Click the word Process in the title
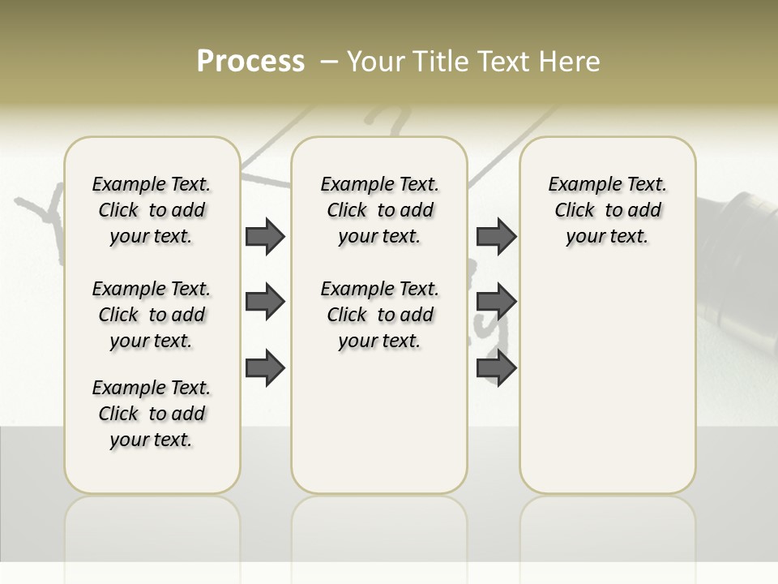coord(250,62)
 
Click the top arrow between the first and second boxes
coord(265,237)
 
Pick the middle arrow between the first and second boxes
coord(265,302)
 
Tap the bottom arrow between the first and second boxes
coord(265,367)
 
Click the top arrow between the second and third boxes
coord(496,237)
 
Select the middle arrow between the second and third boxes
coord(496,302)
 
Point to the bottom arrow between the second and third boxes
coord(496,367)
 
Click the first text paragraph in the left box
coord(152,210)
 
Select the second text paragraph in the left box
coord(152,315)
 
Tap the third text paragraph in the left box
coord(152,414)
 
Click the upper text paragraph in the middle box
coord(379,210)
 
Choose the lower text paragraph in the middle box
coord(379,315)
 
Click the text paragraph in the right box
coord(608,210)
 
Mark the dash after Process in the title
coord(329,62)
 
